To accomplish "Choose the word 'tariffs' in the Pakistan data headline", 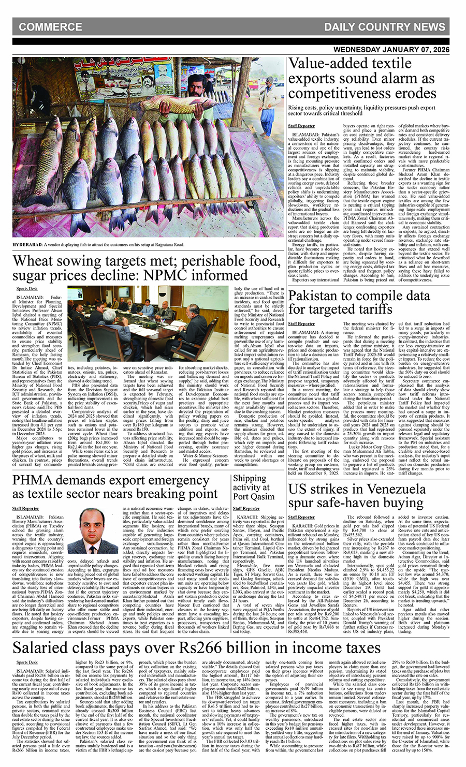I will (367, 309).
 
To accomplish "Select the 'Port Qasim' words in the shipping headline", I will (254, 496).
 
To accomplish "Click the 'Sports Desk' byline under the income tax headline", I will (27, 662).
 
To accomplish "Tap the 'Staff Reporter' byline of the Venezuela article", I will (301, 517).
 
